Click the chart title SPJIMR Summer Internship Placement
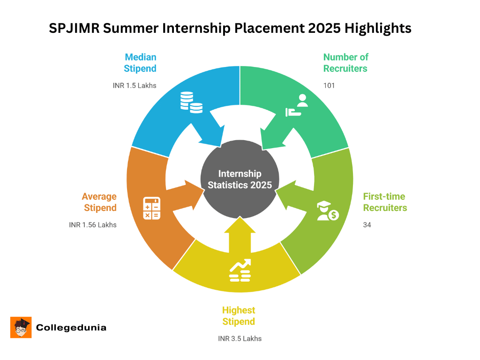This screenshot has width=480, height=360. pyautogui.click(x=230, y=29)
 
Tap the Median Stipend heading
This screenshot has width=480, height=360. pyautogui.click(x=140, y=63)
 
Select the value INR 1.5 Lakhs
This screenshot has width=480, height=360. pyautogui.click(x=135, y=86)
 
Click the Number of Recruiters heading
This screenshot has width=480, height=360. pyautogui.click(x=345, y=63)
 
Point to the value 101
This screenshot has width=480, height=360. pyautogui.click(x=329, y=86)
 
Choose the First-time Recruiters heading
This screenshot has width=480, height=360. pyautogui.click(x=384, y=202)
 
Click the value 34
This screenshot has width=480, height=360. pyautogui.click(x=367, y=225)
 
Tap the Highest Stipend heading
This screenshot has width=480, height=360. pyautogui.click(x=239, y=316)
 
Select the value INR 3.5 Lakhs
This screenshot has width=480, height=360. pyautogui.click(x=240, y=338)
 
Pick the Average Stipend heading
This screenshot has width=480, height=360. pyautogui.click(x=99, y=202)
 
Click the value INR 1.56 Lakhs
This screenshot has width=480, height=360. pyautogui.click(x=93, y=225)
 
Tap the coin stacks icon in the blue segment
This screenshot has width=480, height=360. pyautogui.click(x=191, y=102)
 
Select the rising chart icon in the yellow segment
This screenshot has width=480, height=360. pyautogui.click(x=240, y=270)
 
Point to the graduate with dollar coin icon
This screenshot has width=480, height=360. pyautogui.click(x=327, y=211)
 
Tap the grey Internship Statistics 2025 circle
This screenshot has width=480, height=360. pyautogui.click(x=240, y=179)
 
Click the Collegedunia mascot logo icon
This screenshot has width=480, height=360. pyautogui.click(x=21, y=327)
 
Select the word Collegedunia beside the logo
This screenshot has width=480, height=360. pyautogui.click(x=71, y=328)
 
